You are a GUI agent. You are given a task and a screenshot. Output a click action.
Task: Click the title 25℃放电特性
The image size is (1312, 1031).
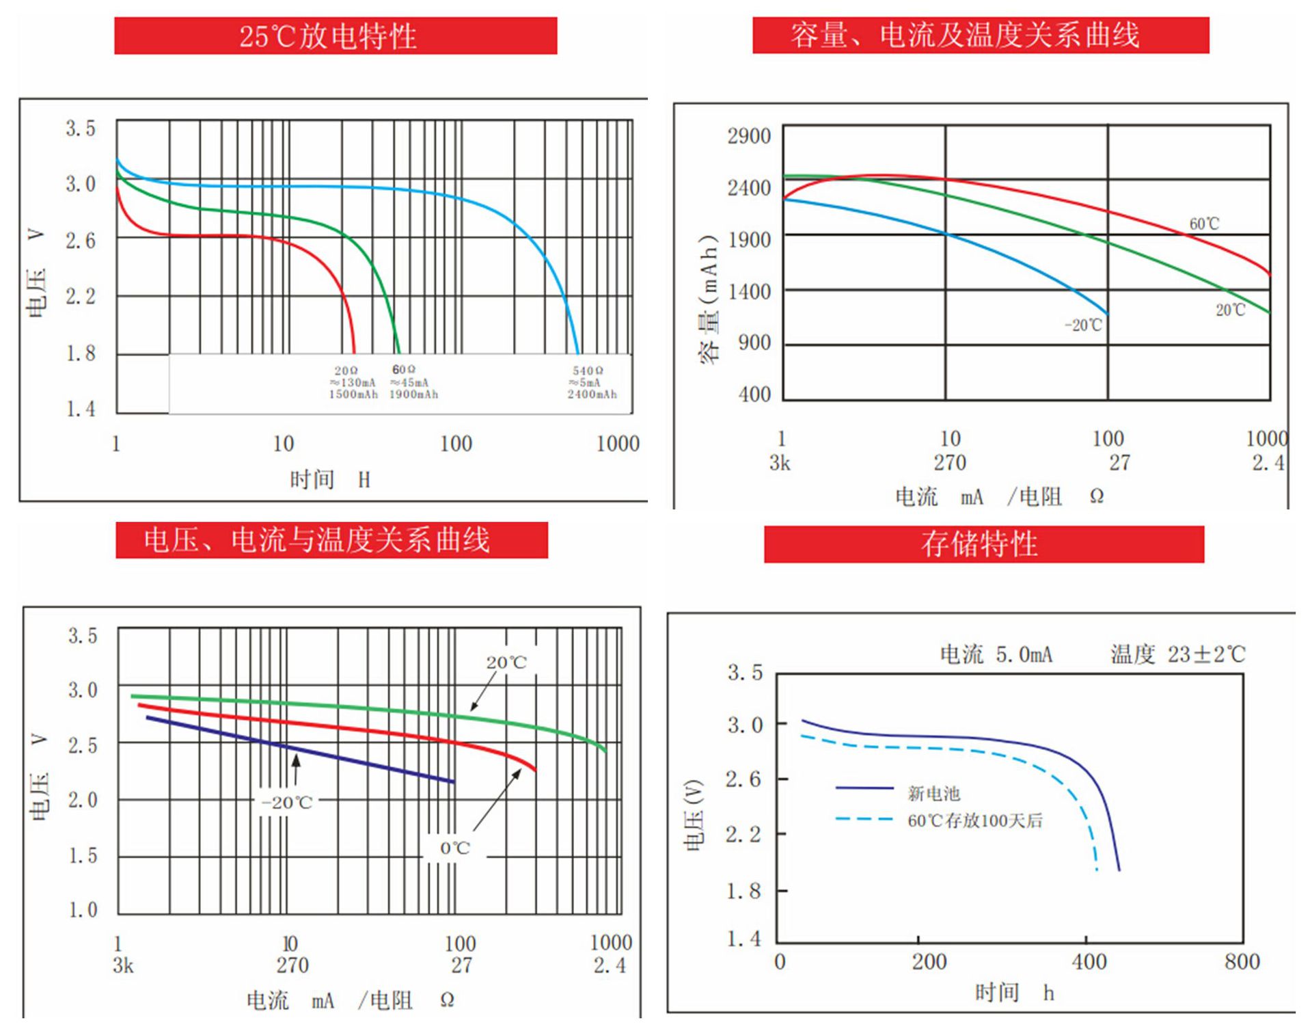tap(328, 36)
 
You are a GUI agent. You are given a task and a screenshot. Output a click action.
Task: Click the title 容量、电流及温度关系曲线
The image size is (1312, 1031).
tap(964, 36)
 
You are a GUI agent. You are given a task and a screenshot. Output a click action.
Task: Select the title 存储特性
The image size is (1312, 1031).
tap(979, 544)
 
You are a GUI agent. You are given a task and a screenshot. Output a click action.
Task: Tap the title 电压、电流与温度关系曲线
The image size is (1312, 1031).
tap(316, 540)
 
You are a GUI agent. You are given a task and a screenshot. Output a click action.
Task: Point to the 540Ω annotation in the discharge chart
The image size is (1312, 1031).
tap(588, 371)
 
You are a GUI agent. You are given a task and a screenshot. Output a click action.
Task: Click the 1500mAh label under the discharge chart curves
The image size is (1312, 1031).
tap(353, 394)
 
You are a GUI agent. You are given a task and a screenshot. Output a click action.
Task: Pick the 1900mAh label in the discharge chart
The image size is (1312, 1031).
tap(413, 394)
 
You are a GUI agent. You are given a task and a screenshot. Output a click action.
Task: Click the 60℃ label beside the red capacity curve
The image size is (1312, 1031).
tap(1204, 224)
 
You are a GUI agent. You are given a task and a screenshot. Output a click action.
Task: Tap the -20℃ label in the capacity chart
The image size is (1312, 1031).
tap(1083, 325)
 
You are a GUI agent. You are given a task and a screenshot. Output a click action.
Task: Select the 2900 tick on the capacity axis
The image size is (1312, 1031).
tap(749, 136)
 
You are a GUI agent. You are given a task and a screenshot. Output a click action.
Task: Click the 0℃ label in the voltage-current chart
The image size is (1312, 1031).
tap(454, 848)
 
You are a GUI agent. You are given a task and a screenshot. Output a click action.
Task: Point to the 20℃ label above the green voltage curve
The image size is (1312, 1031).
tap(506, 662)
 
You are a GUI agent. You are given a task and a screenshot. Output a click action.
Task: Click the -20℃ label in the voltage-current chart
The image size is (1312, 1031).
tap(286, 803)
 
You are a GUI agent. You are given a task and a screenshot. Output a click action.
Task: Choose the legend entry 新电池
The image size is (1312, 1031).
tap(933, 794)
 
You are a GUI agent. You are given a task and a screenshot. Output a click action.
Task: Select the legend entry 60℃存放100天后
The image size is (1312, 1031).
tap(975, 820)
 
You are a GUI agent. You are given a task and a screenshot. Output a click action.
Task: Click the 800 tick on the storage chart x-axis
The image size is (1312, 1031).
tap(1242, 962)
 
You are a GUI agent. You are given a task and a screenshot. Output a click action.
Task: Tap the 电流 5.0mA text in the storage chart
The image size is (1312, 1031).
tap(996, 655)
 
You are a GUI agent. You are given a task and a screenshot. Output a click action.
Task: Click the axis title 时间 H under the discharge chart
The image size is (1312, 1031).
tap(329, 480)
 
